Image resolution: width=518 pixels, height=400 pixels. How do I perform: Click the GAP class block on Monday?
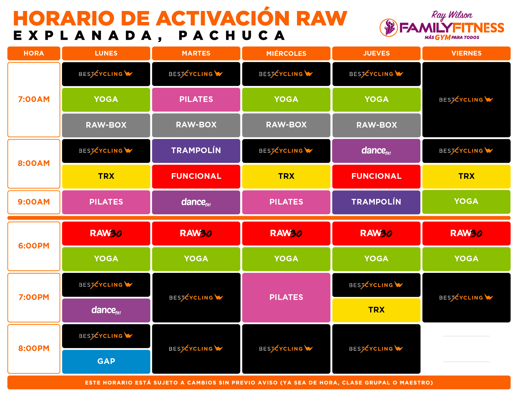click(106, 361)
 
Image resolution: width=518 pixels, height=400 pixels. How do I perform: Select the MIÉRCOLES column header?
click(286, 53)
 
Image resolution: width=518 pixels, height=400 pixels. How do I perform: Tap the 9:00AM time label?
click(34, 202)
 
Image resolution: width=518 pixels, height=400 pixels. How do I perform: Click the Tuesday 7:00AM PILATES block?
click(196, 99)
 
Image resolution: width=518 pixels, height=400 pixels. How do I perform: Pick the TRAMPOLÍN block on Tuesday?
click(196, 151)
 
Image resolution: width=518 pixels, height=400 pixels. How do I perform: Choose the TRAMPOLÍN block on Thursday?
click(376, 202)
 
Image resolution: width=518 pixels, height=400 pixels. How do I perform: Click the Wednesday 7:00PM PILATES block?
click(286, 297)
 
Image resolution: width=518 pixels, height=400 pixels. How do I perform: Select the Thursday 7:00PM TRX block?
click(376, 310)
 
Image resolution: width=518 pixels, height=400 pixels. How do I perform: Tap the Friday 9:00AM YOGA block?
click(466, 201)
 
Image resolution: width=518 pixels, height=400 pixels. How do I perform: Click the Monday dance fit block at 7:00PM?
click(106, 310)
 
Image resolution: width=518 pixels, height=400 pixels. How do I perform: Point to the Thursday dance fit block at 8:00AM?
click(376, 151)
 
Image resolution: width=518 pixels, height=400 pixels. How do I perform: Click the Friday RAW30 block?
click(466, 233)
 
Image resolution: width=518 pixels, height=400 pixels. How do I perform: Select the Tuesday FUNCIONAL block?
click(196, 176)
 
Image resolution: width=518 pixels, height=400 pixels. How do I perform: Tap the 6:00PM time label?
click(34, 246)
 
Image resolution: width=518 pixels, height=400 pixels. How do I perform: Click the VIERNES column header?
click(466, 53)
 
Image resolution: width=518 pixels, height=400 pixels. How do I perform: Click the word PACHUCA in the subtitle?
click(232, 36)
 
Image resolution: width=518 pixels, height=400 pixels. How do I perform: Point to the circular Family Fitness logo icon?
click(388, 28)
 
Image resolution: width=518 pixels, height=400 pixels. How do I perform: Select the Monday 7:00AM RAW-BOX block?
click(106, 125)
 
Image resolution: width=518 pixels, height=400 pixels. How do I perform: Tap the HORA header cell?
click(34, 53)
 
